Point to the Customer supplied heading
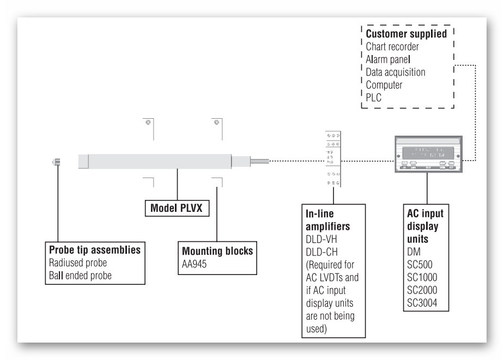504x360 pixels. (406, 34)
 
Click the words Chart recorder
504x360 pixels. (392, 47)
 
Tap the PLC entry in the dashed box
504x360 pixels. (374, 97)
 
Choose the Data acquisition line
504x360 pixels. (396, 72)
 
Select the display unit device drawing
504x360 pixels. (427, 155)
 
